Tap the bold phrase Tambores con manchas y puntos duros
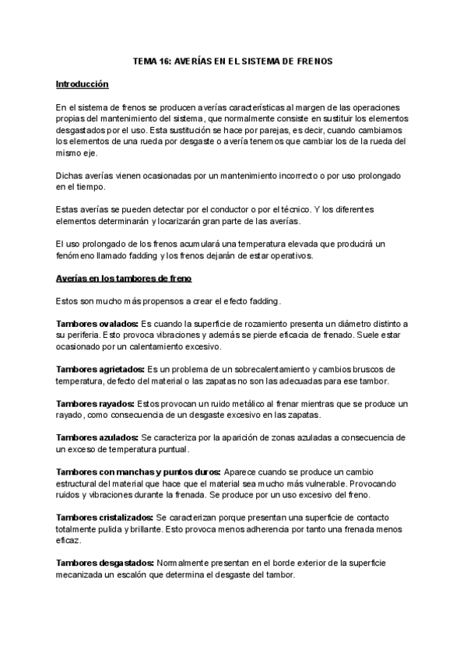(x=139, y=472)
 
